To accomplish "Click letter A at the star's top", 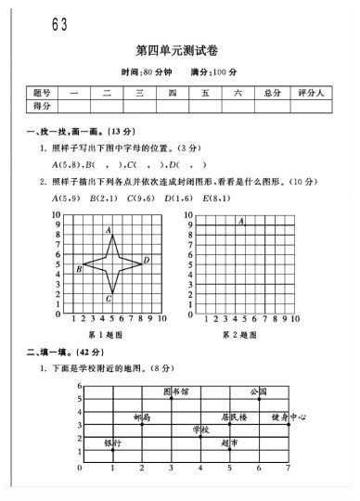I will [x=109, y=229].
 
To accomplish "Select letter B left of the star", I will [x=79, y=269].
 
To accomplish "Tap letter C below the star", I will [x=109, y=299].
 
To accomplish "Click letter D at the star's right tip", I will [x=146, y=260].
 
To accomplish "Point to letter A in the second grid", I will [x=240, y=221].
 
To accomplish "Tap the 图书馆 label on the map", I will [x=175, y=392].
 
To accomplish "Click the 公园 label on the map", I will [x=258, y=392].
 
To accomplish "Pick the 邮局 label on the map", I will [x=141, y=417].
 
